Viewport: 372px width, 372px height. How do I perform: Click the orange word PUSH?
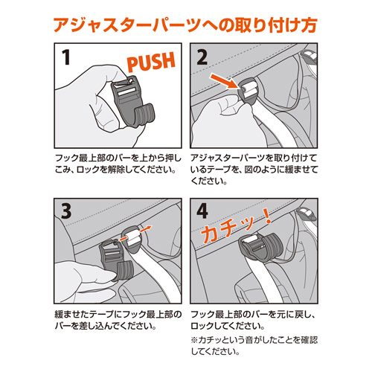pyautogui.click(x=151, y=61)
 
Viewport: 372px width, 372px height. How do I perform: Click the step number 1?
pyautogui.click(x=66, y=57)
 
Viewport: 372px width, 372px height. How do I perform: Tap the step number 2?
pyautogui.click(x=202, y=57)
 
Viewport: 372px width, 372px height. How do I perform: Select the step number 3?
pyautogui.click(x=66, y=211)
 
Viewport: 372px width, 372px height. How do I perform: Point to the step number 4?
pyautogui.click(x=202, y=211)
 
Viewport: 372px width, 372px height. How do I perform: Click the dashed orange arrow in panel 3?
pyautogui.click(x=135, y=233)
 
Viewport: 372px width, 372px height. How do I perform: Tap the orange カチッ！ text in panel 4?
pyautogui.click(x=236, y=226)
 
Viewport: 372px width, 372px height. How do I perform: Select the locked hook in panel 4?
pyautogui.click(x=260, y=248)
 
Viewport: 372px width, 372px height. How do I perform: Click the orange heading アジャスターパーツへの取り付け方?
pyautogui.click(x=185, y=25)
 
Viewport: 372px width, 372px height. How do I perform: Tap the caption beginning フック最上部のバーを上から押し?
pyautogui.click(x=118, y=164)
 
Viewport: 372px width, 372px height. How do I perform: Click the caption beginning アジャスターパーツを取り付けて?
pyautogui.click(x=254, y=170)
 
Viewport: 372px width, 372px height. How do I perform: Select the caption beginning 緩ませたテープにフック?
pyautogui.click(x=118, y=320)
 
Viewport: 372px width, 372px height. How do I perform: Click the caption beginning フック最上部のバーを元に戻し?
pyautogui.click(x=253, y=320)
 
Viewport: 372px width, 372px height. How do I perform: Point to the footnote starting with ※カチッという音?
pyautogui.click(x=254, y=345)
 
